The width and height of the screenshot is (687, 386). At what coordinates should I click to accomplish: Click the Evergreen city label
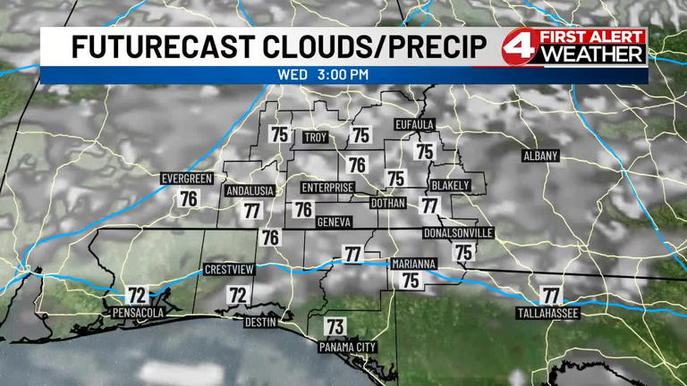(x=187, y=179)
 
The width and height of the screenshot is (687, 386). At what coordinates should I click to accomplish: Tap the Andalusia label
(x=248, y=191)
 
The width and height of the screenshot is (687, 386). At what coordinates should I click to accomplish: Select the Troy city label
(x=315, y=138)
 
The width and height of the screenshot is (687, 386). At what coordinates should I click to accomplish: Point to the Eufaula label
(x=414, y=124)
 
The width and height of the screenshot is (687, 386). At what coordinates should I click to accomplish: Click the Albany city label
(x=540, y=156)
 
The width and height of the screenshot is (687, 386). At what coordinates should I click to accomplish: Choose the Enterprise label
(x=327, y=188)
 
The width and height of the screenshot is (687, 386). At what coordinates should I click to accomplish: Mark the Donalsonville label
(x=458, y=233)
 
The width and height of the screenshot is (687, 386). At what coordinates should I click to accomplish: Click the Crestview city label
(x=229, y=269)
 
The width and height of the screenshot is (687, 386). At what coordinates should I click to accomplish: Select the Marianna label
(x=413, y=264)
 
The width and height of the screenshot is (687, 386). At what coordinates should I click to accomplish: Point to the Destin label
(x=260, y=322)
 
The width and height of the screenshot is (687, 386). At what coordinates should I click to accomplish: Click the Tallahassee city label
(x=548, y=314)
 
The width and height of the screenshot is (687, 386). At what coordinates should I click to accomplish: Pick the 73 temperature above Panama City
(x=335, y=326)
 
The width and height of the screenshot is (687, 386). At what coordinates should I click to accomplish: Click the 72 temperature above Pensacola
(x=136, y=295)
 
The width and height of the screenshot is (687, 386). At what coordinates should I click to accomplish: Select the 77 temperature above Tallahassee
(x=551, y=294)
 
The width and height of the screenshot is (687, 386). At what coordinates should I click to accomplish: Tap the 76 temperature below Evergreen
(x=188, y=198)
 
